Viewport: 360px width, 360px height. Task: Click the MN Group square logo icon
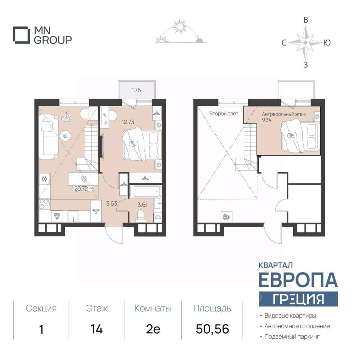(21, 35)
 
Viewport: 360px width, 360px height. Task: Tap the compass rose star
(305, 42)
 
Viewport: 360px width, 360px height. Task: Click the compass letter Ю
(327, 43)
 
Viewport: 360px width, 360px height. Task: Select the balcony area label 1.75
(136, 90)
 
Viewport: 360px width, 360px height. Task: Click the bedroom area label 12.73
(128, 122)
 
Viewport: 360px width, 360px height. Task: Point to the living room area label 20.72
(81, 189)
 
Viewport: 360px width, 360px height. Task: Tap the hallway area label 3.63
(112, 203)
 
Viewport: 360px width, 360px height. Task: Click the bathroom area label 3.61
(142, 205)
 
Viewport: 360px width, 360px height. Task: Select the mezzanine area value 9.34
(267, 120)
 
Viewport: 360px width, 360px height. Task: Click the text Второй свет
(223, 114)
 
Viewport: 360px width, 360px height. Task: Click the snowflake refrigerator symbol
(44, 179)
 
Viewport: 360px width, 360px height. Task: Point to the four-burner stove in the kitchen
(45, 204)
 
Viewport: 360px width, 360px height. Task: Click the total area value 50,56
(212, 329)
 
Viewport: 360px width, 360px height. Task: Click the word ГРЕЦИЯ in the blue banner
(298, 299)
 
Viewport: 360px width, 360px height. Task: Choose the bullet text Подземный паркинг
(292, 337)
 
